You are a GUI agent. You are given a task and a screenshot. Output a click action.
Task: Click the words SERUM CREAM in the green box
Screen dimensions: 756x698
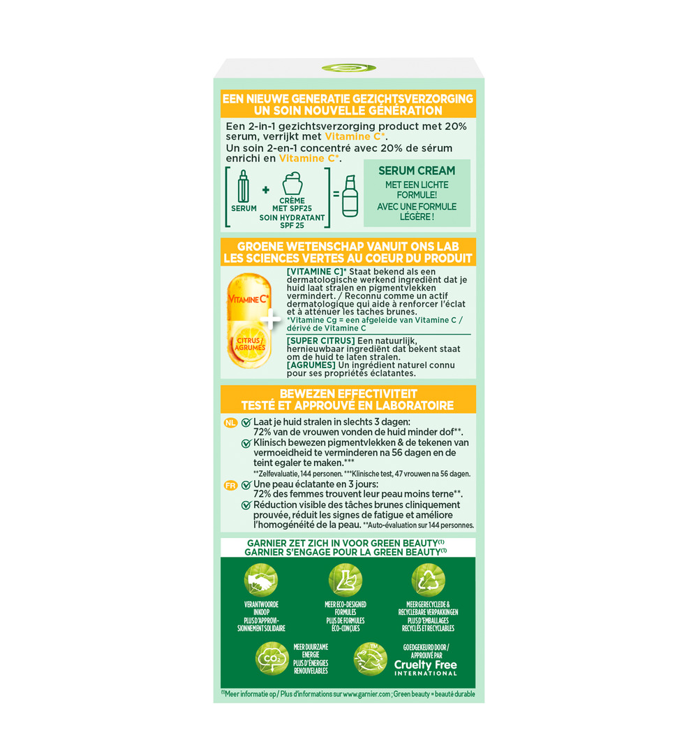tap(416, 170)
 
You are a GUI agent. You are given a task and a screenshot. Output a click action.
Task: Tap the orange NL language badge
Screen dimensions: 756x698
tap(230, 423)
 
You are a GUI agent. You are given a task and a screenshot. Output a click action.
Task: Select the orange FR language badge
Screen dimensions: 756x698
tap(230, 485)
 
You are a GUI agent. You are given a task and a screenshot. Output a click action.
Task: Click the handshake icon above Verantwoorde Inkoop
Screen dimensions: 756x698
tap(261, 580)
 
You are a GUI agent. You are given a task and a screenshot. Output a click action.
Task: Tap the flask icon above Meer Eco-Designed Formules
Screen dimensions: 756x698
tap(345, 580)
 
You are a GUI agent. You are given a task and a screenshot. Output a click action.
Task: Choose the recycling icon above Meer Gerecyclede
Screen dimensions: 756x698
tap(428, 580)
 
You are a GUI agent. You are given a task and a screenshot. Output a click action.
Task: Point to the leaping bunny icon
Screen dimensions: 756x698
tap(370, 658)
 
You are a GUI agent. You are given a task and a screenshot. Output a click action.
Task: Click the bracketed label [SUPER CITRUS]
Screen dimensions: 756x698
tap(315, 340)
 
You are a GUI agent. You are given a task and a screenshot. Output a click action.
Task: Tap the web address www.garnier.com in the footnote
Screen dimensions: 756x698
tap(365, 694)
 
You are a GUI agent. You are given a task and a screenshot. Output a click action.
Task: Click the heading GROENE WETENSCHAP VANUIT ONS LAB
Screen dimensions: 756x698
tap(348, 247)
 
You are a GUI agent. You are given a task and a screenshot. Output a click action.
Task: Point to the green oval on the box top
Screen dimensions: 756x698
tap(348, 68)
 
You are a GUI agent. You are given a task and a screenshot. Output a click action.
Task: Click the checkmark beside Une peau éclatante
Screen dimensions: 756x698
tap(246, 485)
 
